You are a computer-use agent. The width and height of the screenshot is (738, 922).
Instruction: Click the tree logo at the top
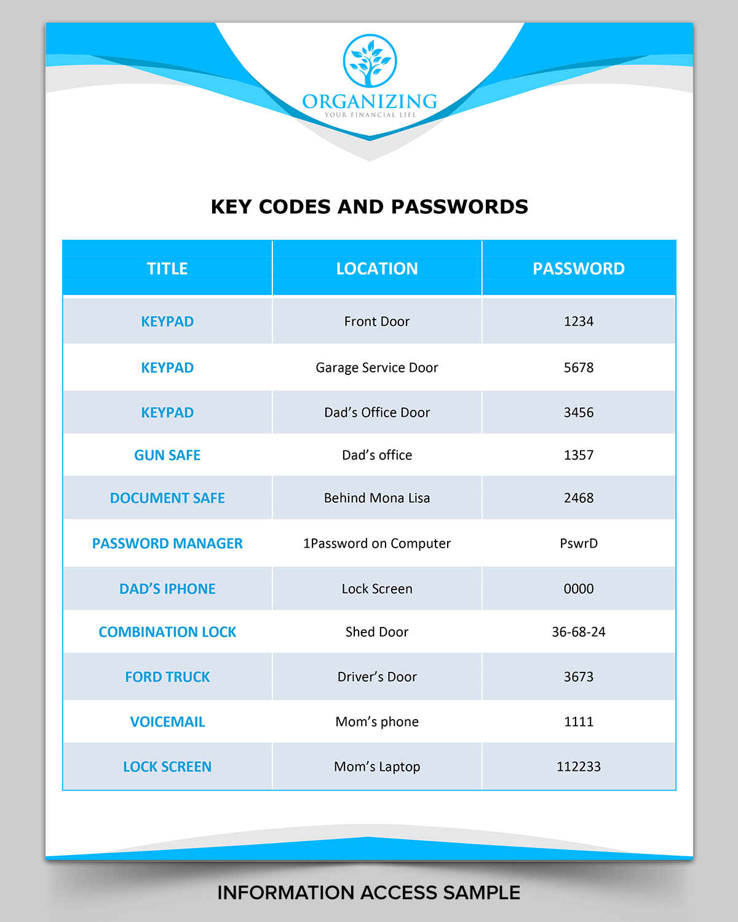370,60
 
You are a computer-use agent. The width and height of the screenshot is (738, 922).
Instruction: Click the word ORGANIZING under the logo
370,101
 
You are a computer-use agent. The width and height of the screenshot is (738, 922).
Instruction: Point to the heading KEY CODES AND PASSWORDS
369,207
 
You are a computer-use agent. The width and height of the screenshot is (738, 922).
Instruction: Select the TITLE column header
167,269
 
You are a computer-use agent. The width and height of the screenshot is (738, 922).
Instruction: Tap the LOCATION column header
377,269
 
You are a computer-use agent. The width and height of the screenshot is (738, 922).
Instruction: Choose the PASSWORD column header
578,269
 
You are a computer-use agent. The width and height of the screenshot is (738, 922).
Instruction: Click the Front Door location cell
377,321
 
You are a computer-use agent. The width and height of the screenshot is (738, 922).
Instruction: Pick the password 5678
579,368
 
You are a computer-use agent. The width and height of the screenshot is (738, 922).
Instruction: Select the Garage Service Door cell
377,368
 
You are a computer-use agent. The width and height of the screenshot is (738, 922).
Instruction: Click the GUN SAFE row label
167,455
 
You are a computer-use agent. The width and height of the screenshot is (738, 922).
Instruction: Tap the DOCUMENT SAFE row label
167,498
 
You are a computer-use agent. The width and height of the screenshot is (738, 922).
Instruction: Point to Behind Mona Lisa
377,498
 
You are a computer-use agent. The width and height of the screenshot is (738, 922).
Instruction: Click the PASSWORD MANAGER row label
167,543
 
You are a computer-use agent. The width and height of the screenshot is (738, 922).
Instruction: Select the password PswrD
579,543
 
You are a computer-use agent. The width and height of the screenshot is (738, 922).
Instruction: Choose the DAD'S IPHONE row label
167,589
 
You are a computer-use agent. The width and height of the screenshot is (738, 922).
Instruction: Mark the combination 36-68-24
579,632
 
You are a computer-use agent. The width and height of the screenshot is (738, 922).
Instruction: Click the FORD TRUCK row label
167,677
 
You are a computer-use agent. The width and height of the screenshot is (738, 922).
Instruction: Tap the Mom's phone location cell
377,722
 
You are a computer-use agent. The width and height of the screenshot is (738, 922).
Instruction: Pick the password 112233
579,766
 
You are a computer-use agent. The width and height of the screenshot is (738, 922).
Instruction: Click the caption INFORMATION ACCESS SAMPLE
369,892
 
